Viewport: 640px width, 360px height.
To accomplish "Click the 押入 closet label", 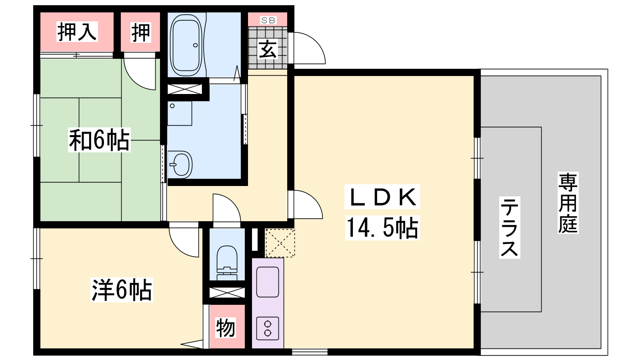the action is click(77, 32).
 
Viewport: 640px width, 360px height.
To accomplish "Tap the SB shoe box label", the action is click(268, 20).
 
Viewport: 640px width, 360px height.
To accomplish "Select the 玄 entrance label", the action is click(268, 49).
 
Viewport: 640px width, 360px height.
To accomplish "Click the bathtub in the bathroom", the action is click(186, 45).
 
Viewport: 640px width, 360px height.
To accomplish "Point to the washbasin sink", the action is click(180, 165).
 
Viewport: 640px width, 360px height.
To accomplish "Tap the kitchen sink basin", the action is click(268, 282).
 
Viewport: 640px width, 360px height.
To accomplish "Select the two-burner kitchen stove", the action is click(268, 328).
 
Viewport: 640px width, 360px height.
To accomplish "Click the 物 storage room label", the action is click(226, 328).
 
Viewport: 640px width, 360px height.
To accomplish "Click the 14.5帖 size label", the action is click(382, 228).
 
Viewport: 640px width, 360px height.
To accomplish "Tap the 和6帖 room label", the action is click(99, 140).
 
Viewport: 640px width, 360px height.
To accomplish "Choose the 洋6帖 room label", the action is click(122, 290).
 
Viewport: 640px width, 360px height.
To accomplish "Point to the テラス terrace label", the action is click(510, 228).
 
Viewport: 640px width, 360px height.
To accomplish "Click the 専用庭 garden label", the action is click(568, 203).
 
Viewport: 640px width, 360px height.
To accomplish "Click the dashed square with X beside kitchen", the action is click(280, 243).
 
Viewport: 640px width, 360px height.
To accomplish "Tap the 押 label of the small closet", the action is click(140, 32).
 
